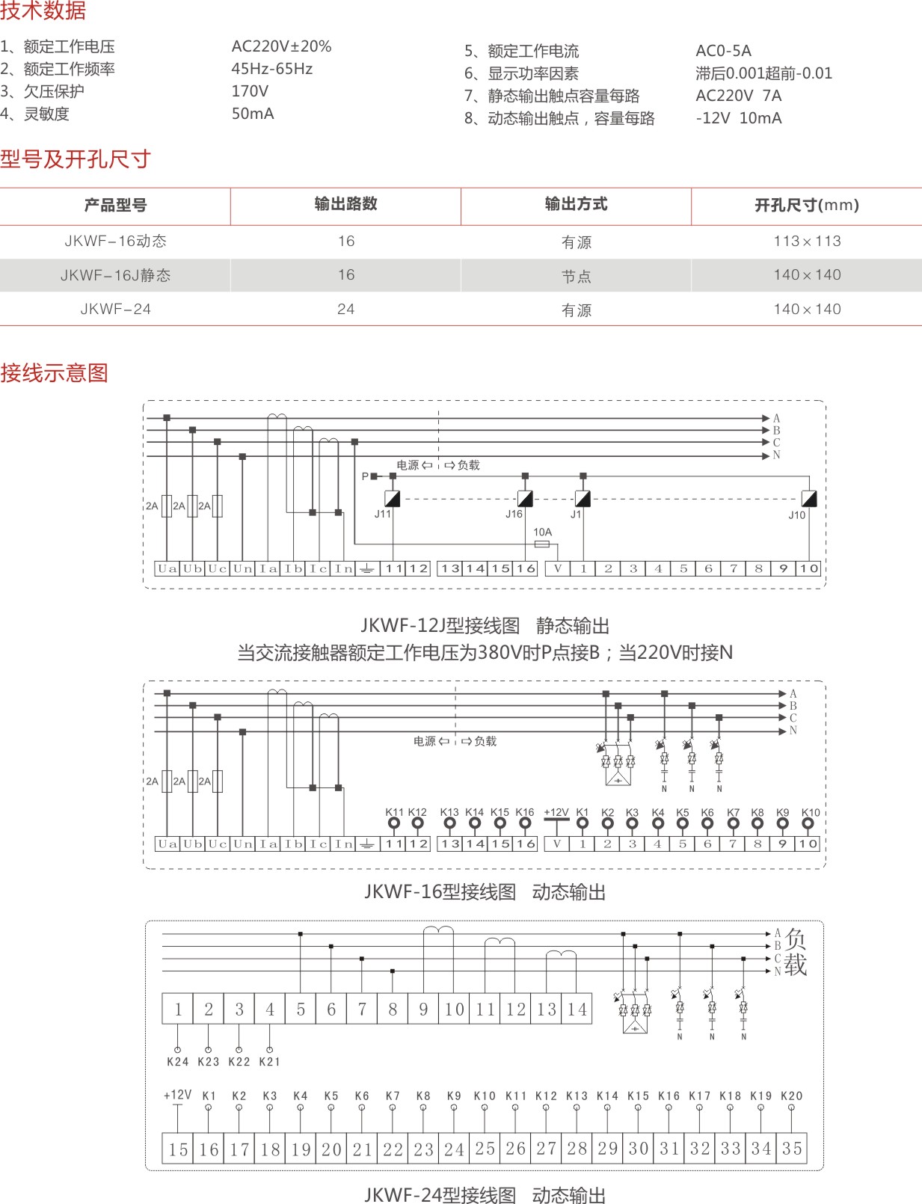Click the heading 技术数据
pos(43,10)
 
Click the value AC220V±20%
pos(281,46)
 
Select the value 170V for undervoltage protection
pos(250,91)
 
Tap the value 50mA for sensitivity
pos(253,114)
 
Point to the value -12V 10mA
pos(738,118)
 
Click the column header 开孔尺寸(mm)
pos(806,205)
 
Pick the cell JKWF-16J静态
pos(116,275)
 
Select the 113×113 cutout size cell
pos(807,241)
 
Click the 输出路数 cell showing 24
pos(345,309)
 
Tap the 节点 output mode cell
pos(576,276)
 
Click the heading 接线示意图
pos(55,372)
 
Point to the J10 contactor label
pos(796,515)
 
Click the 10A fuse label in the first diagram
pos(542,532)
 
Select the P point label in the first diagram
pos(365,476)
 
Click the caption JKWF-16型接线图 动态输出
pos(485,891)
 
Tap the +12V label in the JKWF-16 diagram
pos(556,812)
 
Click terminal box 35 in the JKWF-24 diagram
pos(792,1148)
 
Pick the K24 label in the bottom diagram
pos(177,1061)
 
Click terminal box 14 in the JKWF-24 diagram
pos(577,1009)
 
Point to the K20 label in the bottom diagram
pos(791,1096)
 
